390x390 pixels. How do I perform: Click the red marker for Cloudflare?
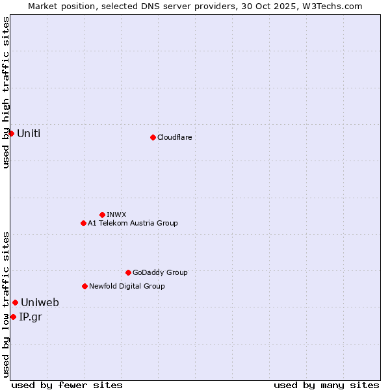[x=153, y=137]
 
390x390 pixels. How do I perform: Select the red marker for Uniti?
[x=11, y=133]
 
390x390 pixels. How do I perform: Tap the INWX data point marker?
[x=102, y=214]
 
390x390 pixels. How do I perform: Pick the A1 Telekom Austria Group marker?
[x=83, y=223]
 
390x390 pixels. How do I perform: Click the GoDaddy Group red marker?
[x=128, y=272]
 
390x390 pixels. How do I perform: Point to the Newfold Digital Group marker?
[x=84, y=286]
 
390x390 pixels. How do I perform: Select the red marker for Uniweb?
[x=15, y=302]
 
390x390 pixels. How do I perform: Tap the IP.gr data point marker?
[x=13, y=317]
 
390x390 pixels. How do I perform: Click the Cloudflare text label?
[x=174, y=137]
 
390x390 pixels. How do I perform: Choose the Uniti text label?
[x=29, y=133]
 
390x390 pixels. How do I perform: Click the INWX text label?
[x=116, y=214]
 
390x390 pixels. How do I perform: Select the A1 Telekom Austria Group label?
[x=133, y=223]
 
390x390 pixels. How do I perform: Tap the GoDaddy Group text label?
[x=160, y=272]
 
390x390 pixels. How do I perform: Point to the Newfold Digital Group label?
[x=127, y=286]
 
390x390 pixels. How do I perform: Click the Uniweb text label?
[x=40, y=302]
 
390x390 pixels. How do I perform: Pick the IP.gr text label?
[x=30, y=317]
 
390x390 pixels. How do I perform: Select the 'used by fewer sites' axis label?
[x=67, y=385]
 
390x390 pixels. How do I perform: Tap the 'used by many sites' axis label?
[x=326, y=385]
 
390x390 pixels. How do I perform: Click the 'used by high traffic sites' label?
[x=6, y=92]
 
